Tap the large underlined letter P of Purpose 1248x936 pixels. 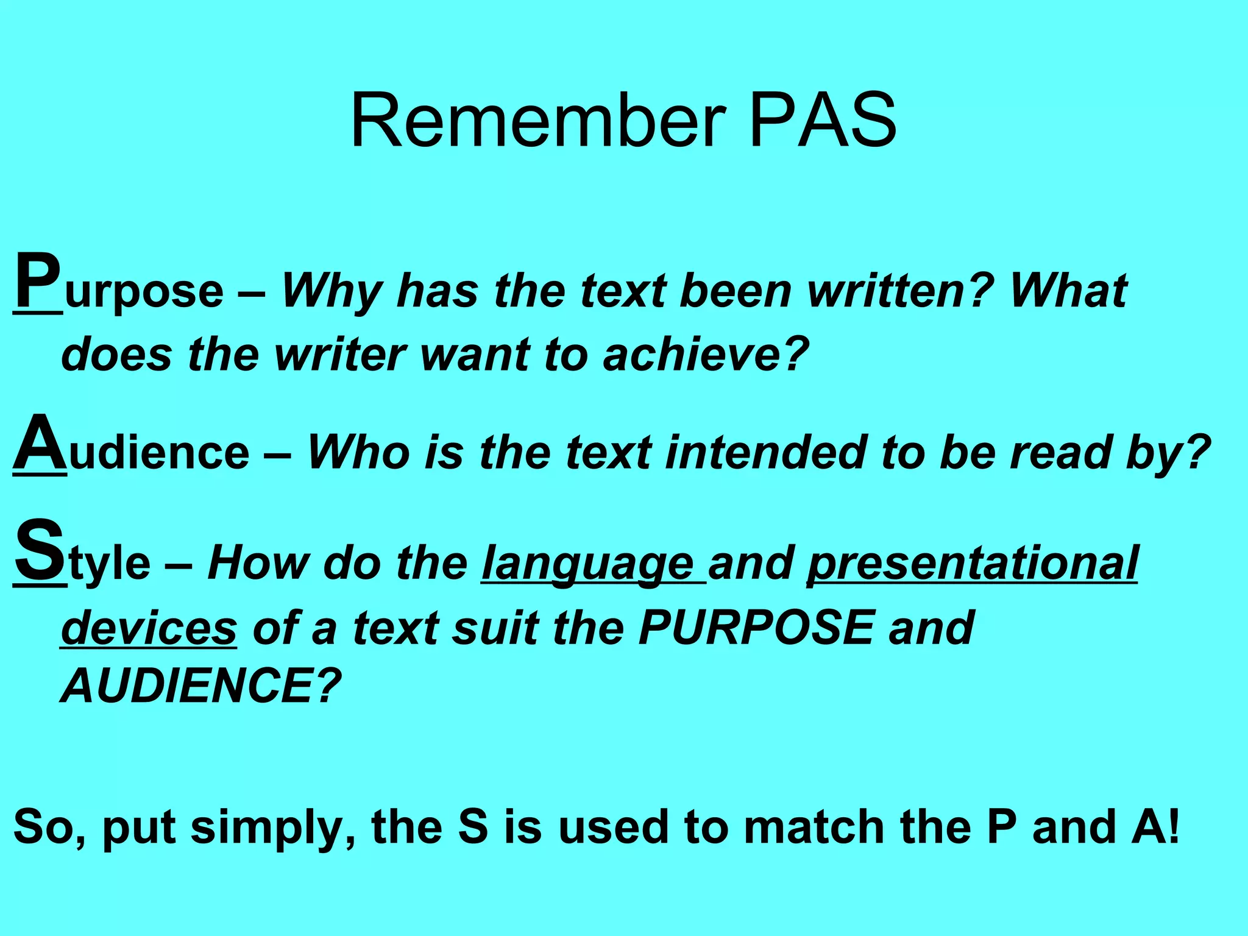(38, 282)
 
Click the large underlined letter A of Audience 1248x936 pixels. (40, 443)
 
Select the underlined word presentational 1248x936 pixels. (973, 564)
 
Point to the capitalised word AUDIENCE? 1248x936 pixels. (201, 686)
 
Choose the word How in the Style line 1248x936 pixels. (259, 564)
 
